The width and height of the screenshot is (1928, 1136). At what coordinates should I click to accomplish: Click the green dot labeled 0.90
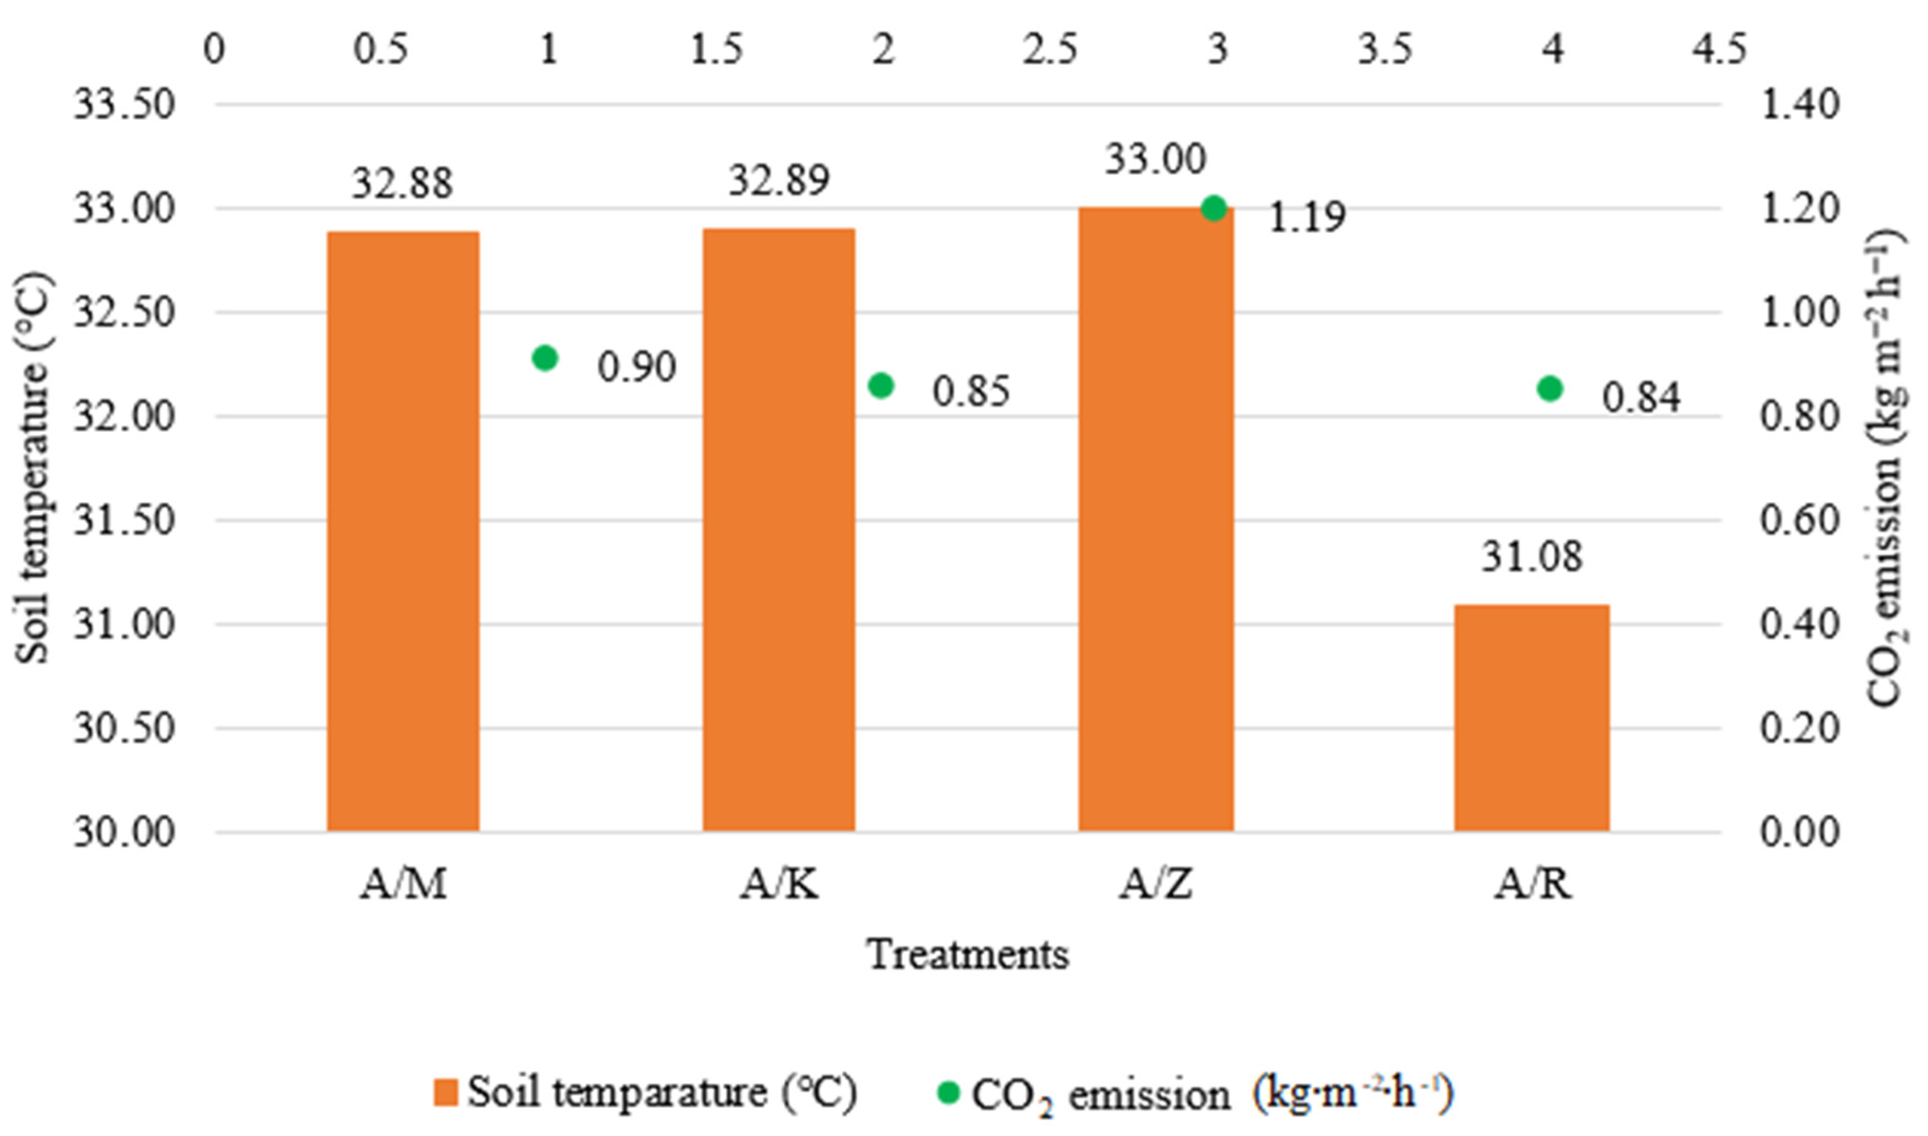point(545,357)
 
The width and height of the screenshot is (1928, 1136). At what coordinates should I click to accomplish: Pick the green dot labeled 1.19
point(1214,208)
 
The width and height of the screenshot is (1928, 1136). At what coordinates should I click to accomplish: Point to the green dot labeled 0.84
point(1550,389)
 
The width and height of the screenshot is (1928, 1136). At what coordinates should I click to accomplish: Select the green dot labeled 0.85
point(882,386)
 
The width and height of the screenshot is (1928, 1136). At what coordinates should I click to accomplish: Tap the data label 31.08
point(1532,557)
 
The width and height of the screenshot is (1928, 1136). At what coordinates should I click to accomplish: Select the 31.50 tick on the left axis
point(124,521)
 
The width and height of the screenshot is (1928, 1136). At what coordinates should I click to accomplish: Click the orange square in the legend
point(446,1092)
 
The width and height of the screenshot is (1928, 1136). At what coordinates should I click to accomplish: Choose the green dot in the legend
point(948,1092)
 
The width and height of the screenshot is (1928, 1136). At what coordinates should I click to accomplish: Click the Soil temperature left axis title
point(32,469)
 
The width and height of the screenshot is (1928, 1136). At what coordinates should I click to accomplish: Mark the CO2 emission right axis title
point(1885,469)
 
